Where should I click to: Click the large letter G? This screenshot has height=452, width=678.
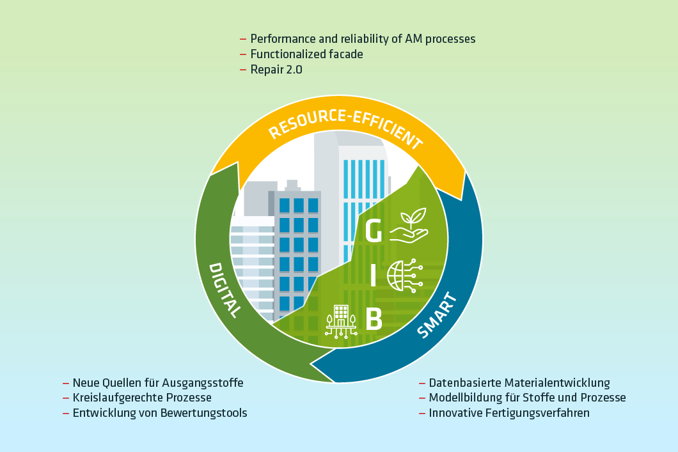pyautogui.click(x=374, y=231)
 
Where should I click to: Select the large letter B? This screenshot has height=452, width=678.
pyautogui.click(x=374, y=319)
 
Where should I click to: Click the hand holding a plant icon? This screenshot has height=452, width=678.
pyautogui.click(x=409, y=226)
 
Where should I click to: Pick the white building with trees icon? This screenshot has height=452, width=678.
pyautogui.click(x=340, y=320)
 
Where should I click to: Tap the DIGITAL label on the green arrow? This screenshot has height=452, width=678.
pyautogui.click(x=225, y=290)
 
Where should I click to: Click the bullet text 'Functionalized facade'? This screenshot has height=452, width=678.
pyautogui.click(x=306, y=54)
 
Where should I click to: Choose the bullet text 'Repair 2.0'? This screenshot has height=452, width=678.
pyautogui.click(x=276, y=70)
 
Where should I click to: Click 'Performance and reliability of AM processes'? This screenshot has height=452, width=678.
pyautogui.click(x=363, y=39)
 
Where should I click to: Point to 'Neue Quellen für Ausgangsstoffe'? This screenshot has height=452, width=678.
pyautogui.click(x=158, y=383)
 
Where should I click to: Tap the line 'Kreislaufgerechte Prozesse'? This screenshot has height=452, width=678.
pyautogui.click(x=142, y=398)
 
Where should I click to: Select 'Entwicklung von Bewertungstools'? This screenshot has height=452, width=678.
pyautogui.click(x=160, y=413)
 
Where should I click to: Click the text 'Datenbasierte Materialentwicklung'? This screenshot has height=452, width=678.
pyautogui.click(x=519, y=383)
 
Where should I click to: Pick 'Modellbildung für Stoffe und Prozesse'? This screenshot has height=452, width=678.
pyautogui.click(x=527, y=398)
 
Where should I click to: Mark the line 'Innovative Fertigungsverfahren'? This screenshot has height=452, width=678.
pyautogui.click(x=509, y=413)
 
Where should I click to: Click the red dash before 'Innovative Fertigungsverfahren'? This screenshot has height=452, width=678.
pyautogui.click(x=422, y=414)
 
